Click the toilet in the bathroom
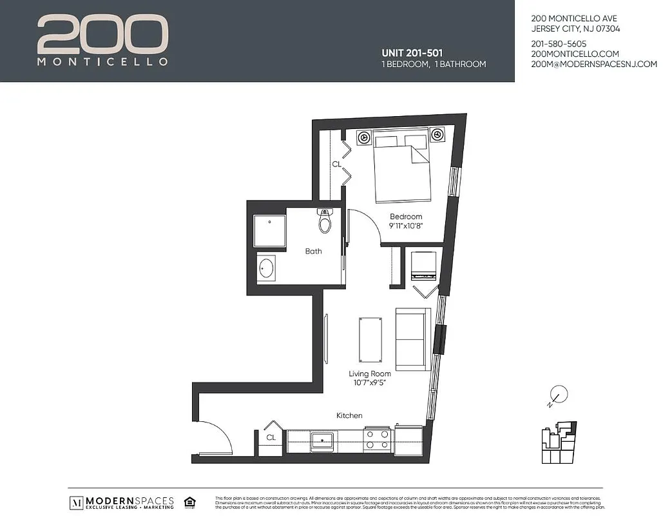(325, 221)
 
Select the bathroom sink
(266, 267)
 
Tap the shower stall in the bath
(269, 231)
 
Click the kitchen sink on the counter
(322, 441)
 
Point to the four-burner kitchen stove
(378, 440)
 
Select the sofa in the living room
(412, 339)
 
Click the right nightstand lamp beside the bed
(437, 135)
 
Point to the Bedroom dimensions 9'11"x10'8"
(405, 226)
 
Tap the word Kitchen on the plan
(349, 416)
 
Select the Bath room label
(313, 251)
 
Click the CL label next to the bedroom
(336, 164)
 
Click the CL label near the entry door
(271, 438)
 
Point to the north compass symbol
(558, 394)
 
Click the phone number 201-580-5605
(558, 44)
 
